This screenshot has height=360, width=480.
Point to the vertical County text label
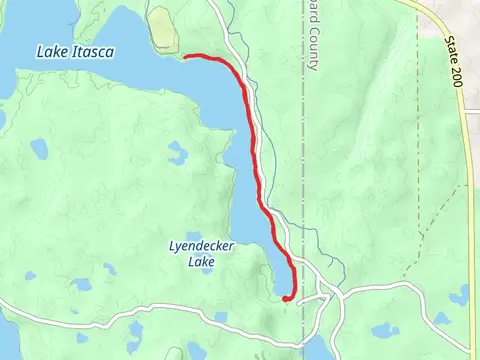point(312,46)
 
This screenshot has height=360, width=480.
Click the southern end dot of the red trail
point(287,297)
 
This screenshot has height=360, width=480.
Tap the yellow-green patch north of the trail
point(162,30)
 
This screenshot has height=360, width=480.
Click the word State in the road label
point(452,50)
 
